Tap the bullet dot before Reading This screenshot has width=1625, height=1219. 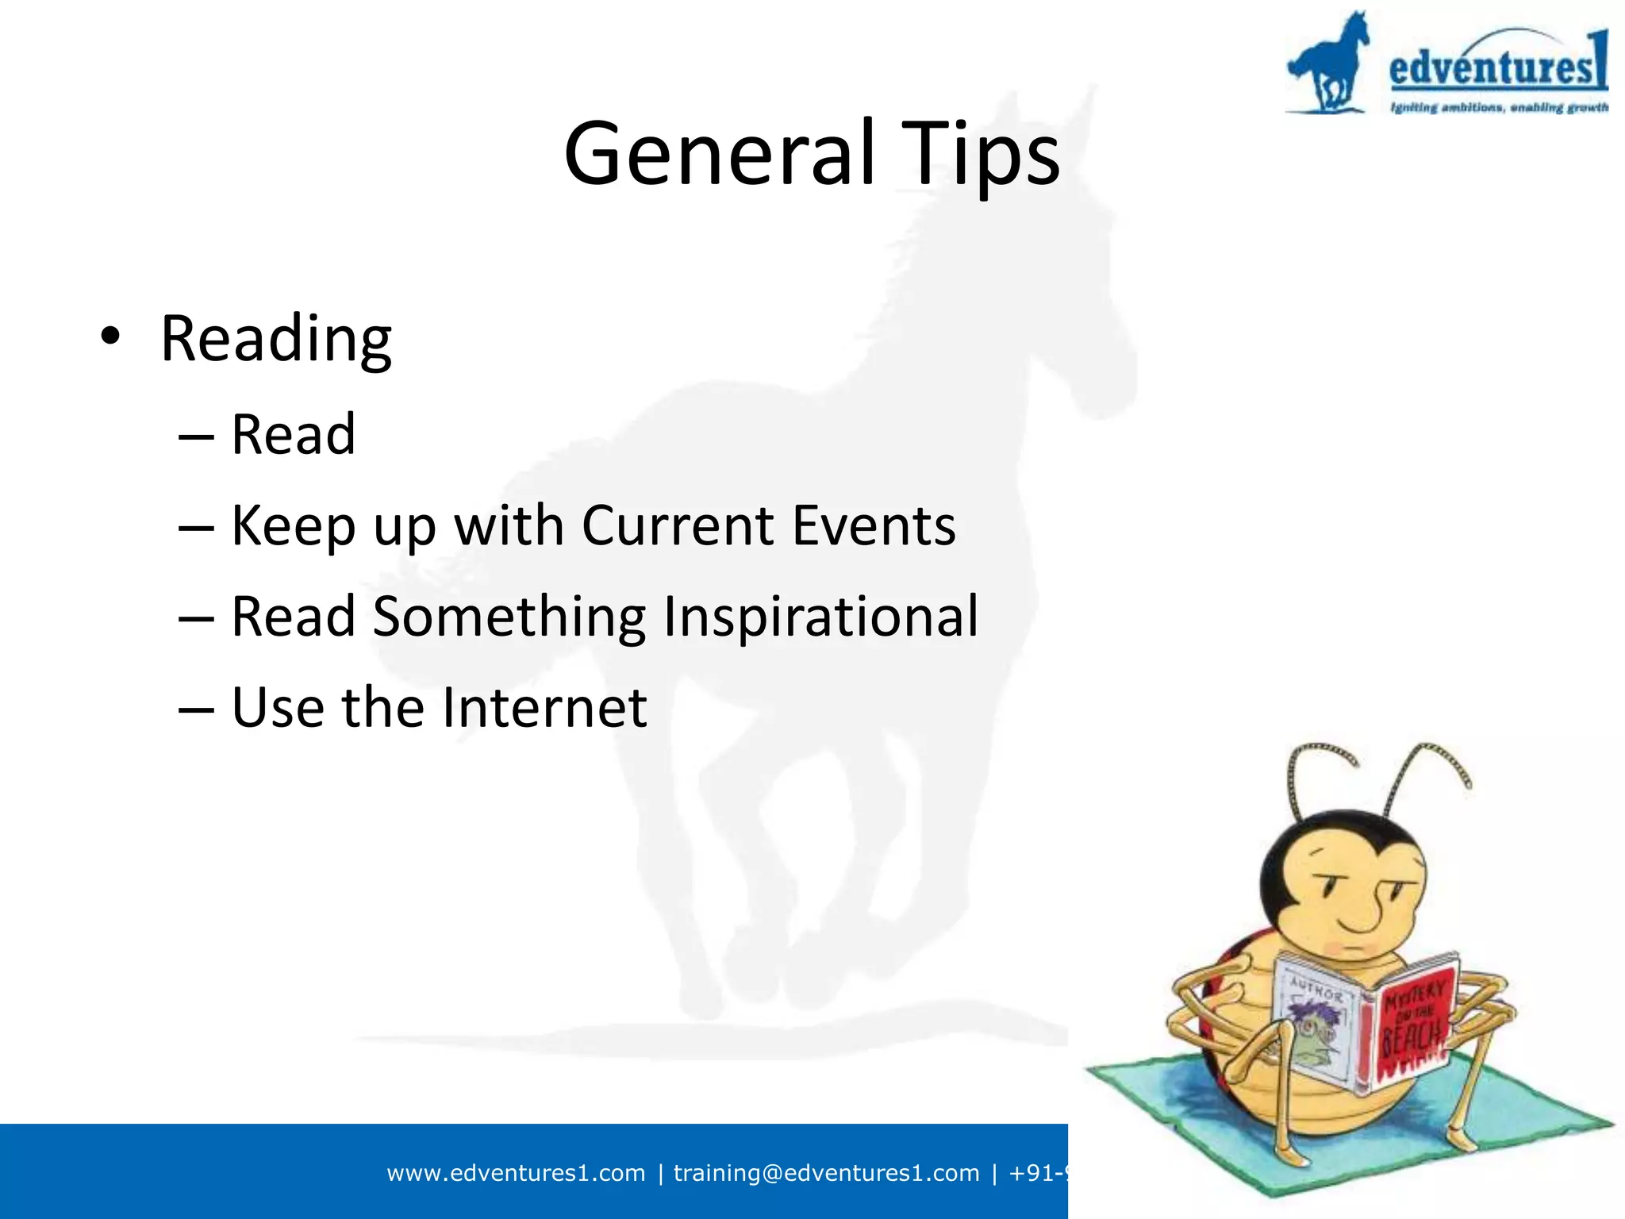coord(110,337)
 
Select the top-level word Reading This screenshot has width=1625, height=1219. coord(275,339)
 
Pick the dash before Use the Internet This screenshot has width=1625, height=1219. coord(196,709)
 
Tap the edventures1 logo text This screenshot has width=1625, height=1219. coord(1496,65)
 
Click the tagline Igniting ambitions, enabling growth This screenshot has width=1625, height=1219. coord(1498,107)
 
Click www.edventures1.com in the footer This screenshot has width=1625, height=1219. coord(516,1173)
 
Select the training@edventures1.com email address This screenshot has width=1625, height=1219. coord(826,1173)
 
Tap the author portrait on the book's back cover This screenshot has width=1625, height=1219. coord(1313,1032)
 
